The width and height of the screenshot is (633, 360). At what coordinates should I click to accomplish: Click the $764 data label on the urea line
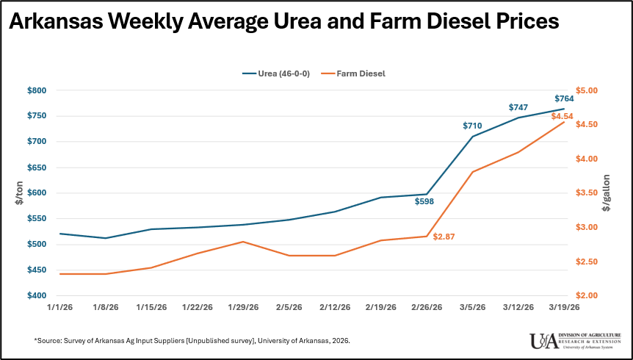click(564, 98)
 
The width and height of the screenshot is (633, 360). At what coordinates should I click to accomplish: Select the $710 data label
click(472, 126)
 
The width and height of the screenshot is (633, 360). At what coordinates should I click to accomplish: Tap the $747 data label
click(518, 107)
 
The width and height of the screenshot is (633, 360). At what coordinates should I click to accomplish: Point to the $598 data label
click(425, 201)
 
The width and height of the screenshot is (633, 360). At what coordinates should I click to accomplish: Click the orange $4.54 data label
click(562, 116)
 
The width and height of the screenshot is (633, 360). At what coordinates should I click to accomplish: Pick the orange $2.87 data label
click(444, 237)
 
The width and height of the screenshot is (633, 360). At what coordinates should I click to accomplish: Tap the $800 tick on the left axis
click(37, 90)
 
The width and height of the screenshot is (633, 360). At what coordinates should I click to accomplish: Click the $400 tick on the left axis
click(37, 295)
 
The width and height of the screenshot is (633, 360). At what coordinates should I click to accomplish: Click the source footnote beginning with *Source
click(192, 341)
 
